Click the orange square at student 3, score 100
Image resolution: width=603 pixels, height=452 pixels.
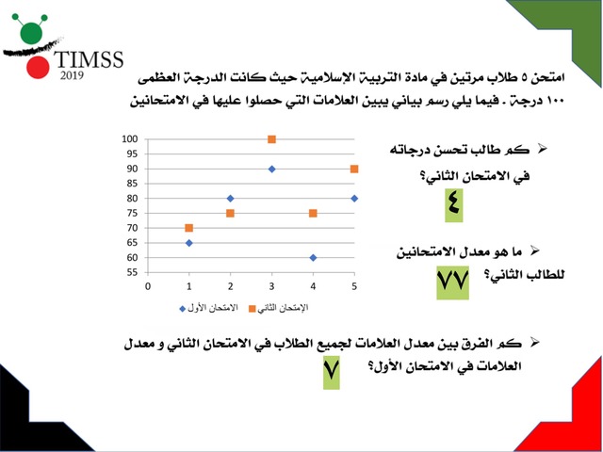pyautogui.click(x=271, y=139)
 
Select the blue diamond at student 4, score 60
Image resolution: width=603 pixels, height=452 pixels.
pyautogui.click(x=313, y=257)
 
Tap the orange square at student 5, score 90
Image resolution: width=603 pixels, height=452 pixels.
pyautogui.click(x=353, y=169)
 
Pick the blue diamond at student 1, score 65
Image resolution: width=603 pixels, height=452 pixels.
pyautogui.click(x=189, y=243)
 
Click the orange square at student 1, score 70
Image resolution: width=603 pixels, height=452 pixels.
pyautogui.click(x=189, y=228)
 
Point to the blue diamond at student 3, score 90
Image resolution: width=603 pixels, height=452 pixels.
pyautogui.click(x=271, y=169)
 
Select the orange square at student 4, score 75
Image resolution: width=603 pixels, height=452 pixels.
pyautogui.click(x=313, y=214)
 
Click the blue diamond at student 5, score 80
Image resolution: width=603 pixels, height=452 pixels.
pyautogui.click(x=353, y=199)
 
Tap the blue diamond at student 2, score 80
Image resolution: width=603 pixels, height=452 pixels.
pyautogui.click(x=231, y=199)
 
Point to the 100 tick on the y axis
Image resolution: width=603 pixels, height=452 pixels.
pyautogui.click(x=129, y=139)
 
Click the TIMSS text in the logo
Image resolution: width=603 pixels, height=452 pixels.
pyautogui.click(x=90, y=62)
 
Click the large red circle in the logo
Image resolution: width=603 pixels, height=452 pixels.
pyautogui.click(x=37, y=68)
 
